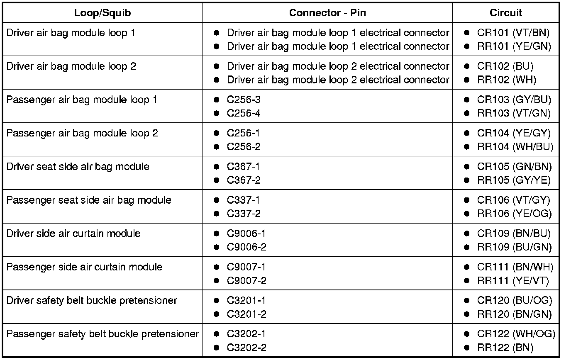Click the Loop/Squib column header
pyautogui.click(x=102, y=13)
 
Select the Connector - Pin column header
pyautogui.click(x=327, y=13)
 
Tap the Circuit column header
pyautogui.click(x=505, y=13)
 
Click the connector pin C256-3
pyautogui.click(x=244, y=100)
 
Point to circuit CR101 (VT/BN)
pyautogui.click(x=513, y=33)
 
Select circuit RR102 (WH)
pyautogui.click(x=506, y=80)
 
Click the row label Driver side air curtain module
pyautogui.click(x=73, y=234)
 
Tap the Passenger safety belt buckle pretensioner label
pyautogui.click(x=102, y=334)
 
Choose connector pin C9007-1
pyautogui.click(x=246, y=267)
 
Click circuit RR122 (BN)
pyautogui.click(x=505, y=348)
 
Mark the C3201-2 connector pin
pyautogui.click(x=246, y=314)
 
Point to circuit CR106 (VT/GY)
pyautogui.click(x=513, y=200)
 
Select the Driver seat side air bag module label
pyautogui.click(x=78, y=167)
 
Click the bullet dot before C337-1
pyautogui.click(x=216, y=200)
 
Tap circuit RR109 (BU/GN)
pyautogui.click(x=514, y=247)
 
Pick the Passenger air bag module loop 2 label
pyautogui.click(x=82, y=134)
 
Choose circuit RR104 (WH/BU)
pyautogui.click(x=515, y=147)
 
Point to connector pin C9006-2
pyautogui.click(x=246, y=247)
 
